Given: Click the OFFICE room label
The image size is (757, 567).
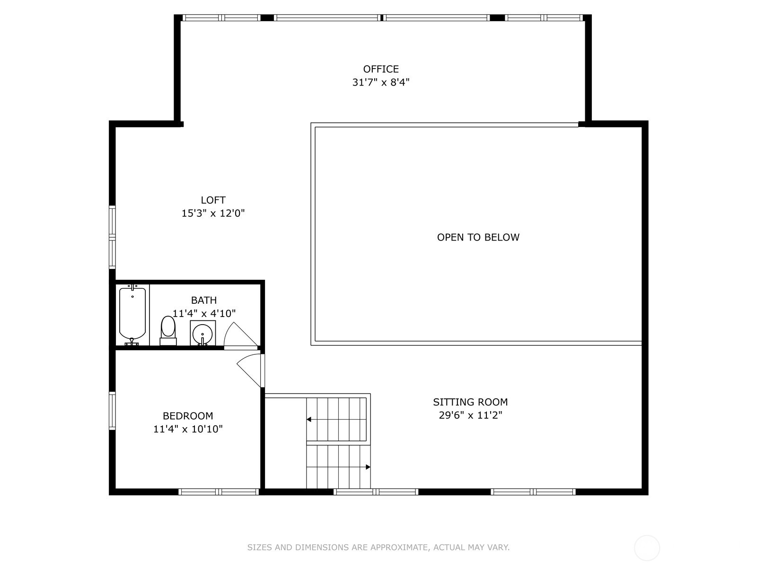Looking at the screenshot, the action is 381,69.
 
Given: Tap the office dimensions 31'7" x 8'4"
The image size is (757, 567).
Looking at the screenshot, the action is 381,83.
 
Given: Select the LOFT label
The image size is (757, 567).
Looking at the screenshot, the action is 213,200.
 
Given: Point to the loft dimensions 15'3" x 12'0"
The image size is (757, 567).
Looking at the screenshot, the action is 213,214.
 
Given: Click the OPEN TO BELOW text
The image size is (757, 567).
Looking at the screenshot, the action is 478,237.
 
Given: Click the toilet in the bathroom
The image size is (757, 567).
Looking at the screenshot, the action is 168,330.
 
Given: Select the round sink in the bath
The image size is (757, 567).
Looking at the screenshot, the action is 202,333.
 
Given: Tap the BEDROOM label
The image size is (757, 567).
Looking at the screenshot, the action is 188,416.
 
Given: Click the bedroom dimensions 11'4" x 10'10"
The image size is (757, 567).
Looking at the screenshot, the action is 188,429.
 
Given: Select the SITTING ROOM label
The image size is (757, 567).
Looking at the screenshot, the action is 470,402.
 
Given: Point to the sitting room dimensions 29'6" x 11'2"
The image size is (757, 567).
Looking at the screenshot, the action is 470,415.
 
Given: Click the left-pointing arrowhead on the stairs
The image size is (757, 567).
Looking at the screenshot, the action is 308,419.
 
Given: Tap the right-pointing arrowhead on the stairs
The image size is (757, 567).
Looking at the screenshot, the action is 368,467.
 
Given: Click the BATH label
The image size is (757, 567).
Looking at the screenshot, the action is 204,300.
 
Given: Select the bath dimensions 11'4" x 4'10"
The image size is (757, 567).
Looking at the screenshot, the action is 204,314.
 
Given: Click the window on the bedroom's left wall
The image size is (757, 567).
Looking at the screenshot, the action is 112,411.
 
